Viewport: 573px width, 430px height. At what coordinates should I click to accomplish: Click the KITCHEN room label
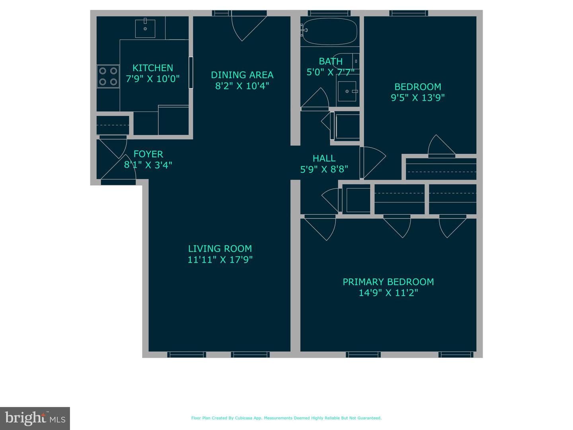(153, 68)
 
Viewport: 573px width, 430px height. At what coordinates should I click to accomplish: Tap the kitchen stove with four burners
(108, 76)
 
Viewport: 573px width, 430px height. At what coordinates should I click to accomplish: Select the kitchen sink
(145, 28)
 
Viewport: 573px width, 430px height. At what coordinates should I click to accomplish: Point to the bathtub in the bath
(329, 31)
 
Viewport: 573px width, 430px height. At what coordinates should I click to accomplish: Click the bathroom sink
(347, 91)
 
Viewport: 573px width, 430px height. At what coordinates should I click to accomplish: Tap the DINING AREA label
(242, 75)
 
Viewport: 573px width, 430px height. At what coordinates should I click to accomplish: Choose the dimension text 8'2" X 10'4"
(242, 86)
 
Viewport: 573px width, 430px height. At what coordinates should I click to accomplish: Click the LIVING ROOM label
(220, 248)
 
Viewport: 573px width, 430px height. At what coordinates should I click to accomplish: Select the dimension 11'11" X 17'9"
(220, 260)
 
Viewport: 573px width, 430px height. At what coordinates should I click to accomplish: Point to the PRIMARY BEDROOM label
(388, 282)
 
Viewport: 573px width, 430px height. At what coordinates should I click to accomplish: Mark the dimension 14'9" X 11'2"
(388, 293)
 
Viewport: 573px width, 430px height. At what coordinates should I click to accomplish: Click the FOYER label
(148, 154)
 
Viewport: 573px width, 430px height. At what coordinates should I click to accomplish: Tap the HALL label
(324, 158)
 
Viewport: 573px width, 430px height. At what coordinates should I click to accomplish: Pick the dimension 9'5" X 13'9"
(417, 98)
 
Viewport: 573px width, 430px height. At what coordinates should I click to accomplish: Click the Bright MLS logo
(35, 418)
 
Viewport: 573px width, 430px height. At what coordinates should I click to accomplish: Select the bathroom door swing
(315, 98)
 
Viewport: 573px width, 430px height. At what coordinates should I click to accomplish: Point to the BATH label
(331, 61)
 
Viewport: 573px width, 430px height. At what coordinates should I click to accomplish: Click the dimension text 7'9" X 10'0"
(153, 79)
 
